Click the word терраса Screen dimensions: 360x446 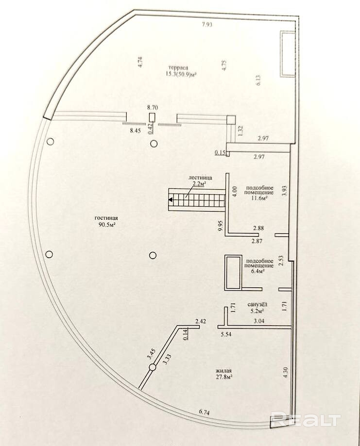(176, 67)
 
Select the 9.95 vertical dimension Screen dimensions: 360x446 (221, 227)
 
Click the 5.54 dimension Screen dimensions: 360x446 (226, 335)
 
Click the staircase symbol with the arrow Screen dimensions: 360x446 (196, 200)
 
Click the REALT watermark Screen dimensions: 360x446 (306, 419)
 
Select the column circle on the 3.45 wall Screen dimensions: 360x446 (152, 367)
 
